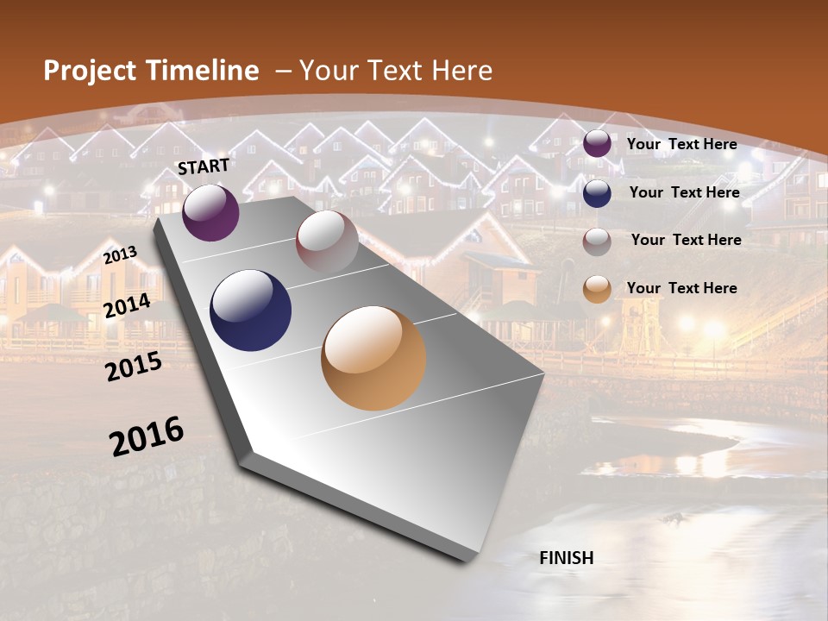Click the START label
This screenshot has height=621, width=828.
tap(204, 166)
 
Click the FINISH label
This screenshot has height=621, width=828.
tap(567, 558)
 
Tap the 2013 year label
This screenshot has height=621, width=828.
tap(121, 254)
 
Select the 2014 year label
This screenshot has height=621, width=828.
tap(128, 305)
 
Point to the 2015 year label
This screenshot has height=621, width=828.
tap(134, 367)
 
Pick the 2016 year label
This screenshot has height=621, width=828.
tap(147, 436)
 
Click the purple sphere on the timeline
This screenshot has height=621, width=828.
tap(210, 212)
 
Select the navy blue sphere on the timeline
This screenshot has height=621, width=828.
tap(251, 310)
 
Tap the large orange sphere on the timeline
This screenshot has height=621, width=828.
tap(373, 358)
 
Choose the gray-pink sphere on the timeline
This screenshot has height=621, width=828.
tap(327, 241)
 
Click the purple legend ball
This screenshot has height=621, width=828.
tap(597, 144)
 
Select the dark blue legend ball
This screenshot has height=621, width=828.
tap(597, 193)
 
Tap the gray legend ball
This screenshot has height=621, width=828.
tap(597, 241)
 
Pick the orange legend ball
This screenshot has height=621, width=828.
tap(597, 290)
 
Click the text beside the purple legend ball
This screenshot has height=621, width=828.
tap(681, 144)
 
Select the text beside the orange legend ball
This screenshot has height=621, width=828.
tap(681, 288)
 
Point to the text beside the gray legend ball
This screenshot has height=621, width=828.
tap(686, 240)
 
